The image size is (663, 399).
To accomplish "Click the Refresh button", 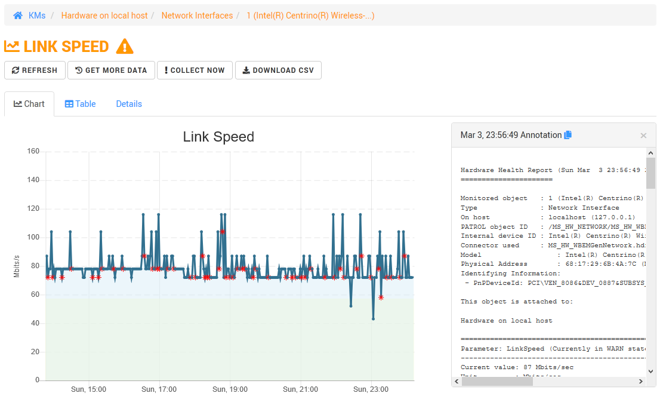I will coord(35,70).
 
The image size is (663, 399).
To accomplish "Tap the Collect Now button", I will coord(193,70).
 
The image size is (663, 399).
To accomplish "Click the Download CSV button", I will coord(278,70).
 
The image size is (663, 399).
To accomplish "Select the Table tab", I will coord(80,104).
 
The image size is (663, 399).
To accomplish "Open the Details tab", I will coord(129,104).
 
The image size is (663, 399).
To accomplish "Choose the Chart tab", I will coord(29,104).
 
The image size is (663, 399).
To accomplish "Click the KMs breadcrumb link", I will coord(37,16).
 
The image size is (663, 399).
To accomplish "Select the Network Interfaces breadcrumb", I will coord(197,16).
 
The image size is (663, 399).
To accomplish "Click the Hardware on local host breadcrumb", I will coord(104,16).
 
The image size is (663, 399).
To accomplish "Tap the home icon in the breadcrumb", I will coord(18,16).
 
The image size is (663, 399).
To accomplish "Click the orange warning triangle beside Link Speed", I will coord(125,47).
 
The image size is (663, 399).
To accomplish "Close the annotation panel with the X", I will coord(643,136).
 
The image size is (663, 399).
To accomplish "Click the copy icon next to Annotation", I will coord(568,135).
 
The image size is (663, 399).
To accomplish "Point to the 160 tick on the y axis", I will coord(33,151).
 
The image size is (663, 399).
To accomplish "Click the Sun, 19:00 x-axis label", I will coord(230,389).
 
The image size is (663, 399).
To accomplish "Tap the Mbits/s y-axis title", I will coord(17,266).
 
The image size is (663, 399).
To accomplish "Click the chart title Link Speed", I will coord(218,137).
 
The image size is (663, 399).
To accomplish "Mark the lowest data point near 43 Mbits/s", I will coord(374,319).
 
